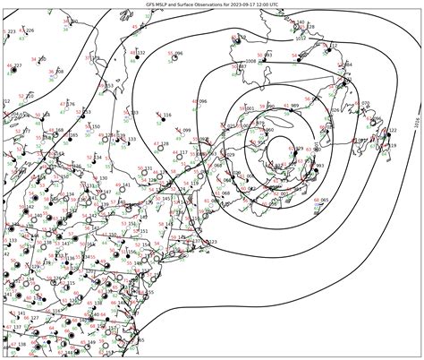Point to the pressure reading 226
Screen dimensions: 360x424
pos(30,30)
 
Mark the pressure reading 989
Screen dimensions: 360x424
pos(295,106)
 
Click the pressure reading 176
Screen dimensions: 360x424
pos(71,104)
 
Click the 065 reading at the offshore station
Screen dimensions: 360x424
pos(325,199)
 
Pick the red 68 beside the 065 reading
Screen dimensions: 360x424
pos(312,199)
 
